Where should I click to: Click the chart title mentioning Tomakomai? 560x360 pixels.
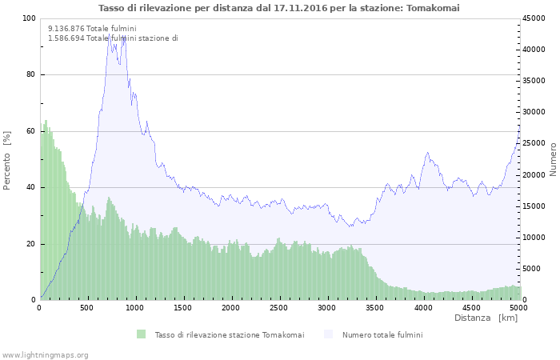(279, 8)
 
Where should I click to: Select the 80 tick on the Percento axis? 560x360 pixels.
(31, 75)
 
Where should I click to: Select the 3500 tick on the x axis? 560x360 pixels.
(374, 307)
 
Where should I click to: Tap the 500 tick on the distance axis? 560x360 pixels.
(88, 307)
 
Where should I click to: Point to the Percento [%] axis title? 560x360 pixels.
(7, 160)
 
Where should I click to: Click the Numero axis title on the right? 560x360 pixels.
(553, 160)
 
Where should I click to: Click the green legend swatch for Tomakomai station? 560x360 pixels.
(142, 334)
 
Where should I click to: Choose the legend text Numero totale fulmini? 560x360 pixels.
(382, 334)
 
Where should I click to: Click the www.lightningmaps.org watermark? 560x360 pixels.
(45, 354)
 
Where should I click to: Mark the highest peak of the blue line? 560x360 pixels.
(110, 34)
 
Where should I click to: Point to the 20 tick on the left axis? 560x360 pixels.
(31, 244)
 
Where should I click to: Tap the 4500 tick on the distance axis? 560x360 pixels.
(470, 307)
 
